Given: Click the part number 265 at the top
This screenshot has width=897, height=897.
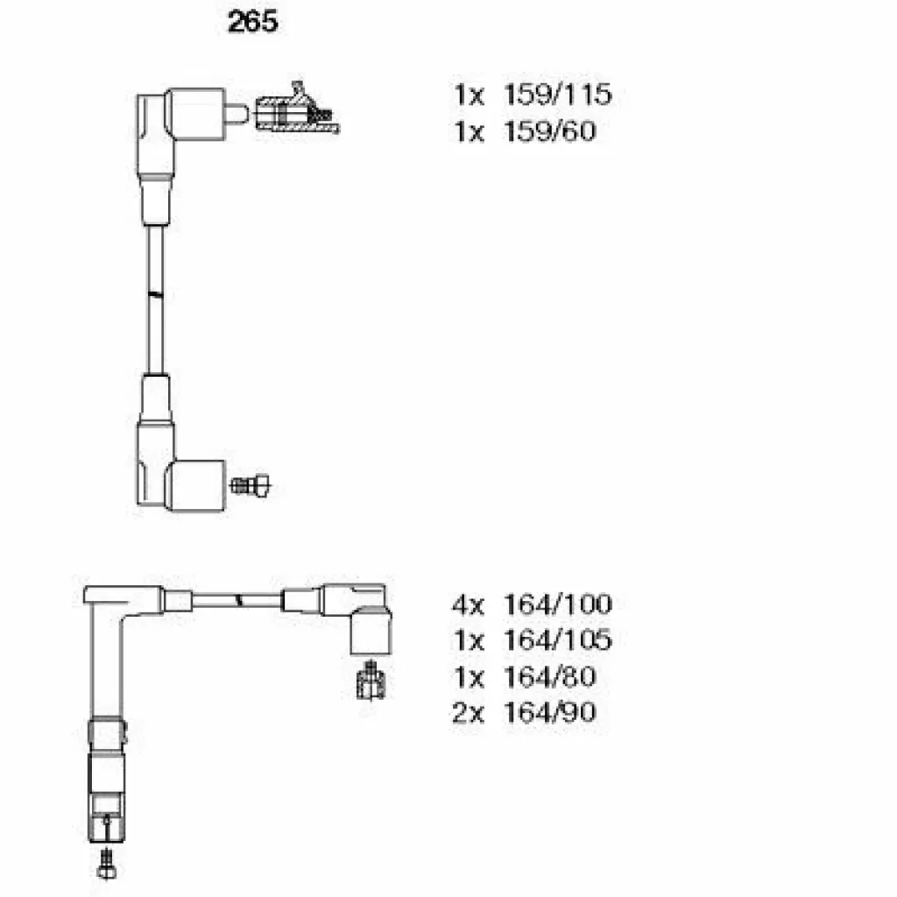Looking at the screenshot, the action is pos(252,22).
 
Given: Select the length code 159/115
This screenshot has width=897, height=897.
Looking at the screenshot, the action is pos(558,95).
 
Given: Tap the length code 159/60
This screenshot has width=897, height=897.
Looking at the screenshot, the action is pos(550,131).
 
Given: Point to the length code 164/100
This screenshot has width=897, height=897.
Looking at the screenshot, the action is pos(558,604).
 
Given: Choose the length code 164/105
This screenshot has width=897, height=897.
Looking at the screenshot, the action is pos(558,640).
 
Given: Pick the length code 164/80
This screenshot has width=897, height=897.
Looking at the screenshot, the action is pos(550,677).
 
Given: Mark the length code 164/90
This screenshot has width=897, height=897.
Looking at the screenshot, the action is pos(550,713).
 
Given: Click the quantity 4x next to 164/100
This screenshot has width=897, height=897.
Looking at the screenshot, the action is pos(469,604).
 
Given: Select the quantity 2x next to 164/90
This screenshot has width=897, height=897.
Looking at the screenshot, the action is pos(469,713).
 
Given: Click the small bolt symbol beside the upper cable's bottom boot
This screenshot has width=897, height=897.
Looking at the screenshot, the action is pos(250,485).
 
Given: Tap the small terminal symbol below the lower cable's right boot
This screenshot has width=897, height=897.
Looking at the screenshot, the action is pos(371,680).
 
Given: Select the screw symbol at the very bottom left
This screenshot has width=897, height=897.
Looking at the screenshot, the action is pos(107,864).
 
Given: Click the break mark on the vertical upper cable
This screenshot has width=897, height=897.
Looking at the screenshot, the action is pos(155,294).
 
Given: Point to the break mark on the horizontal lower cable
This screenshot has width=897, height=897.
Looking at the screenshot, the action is pos(240,600).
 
